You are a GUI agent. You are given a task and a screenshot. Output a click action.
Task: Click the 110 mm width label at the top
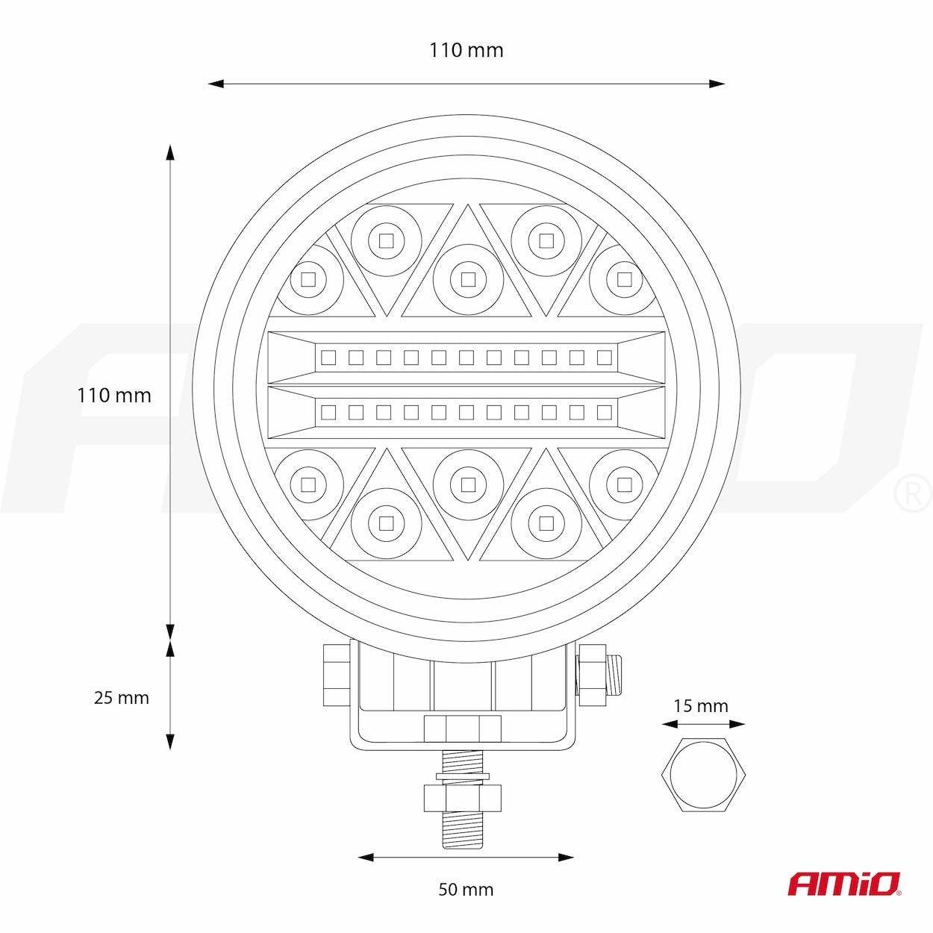(x=466, y=50)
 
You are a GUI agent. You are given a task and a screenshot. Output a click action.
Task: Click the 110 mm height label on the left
(x=114, y=396)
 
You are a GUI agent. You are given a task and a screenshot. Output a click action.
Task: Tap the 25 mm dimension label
(x=122, y=698)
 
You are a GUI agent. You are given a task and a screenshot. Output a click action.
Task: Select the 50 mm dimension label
(x=466, y=890)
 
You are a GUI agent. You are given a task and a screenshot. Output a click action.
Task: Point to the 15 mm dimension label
(x=701, y=706)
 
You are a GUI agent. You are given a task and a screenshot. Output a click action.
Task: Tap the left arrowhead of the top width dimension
(x=216, y=84)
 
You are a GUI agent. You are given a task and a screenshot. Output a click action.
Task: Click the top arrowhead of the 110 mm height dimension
(x=169, y=152)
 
